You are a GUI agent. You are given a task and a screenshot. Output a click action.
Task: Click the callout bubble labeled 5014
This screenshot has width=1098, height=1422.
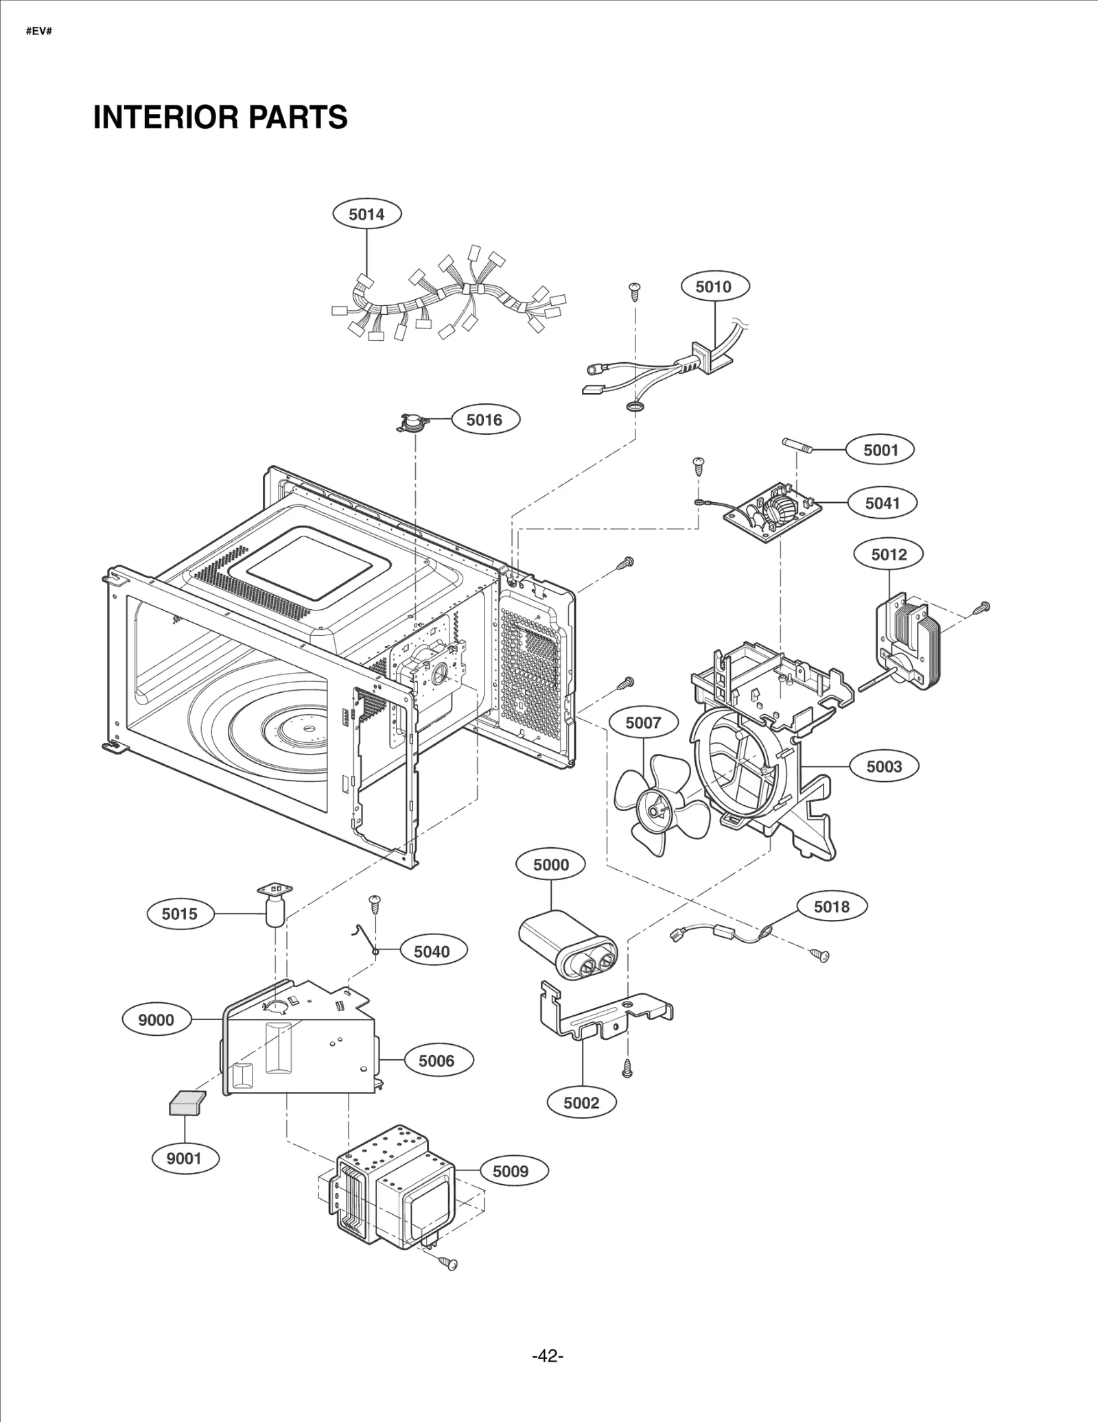366,214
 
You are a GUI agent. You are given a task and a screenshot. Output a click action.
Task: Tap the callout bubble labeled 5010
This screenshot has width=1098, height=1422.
714,287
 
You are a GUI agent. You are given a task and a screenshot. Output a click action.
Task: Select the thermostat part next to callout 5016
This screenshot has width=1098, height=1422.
414,423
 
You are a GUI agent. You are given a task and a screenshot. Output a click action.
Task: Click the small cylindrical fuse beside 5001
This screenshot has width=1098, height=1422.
798,446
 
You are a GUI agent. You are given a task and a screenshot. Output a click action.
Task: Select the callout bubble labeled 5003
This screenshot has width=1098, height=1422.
883,766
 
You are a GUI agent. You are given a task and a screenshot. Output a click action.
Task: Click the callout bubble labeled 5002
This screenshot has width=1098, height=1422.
581,1103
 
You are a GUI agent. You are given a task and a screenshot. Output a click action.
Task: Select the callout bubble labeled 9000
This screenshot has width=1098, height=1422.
156,1020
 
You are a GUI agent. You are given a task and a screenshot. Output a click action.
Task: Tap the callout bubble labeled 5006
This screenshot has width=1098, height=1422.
436,1060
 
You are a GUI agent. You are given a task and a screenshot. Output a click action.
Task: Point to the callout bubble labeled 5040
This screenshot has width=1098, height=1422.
432,951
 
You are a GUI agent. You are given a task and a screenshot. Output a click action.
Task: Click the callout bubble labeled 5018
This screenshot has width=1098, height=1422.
832,907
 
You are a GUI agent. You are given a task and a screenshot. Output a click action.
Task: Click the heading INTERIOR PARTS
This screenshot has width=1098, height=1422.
220,117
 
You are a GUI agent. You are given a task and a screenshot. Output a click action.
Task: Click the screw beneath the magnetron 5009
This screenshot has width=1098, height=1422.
449,1262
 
